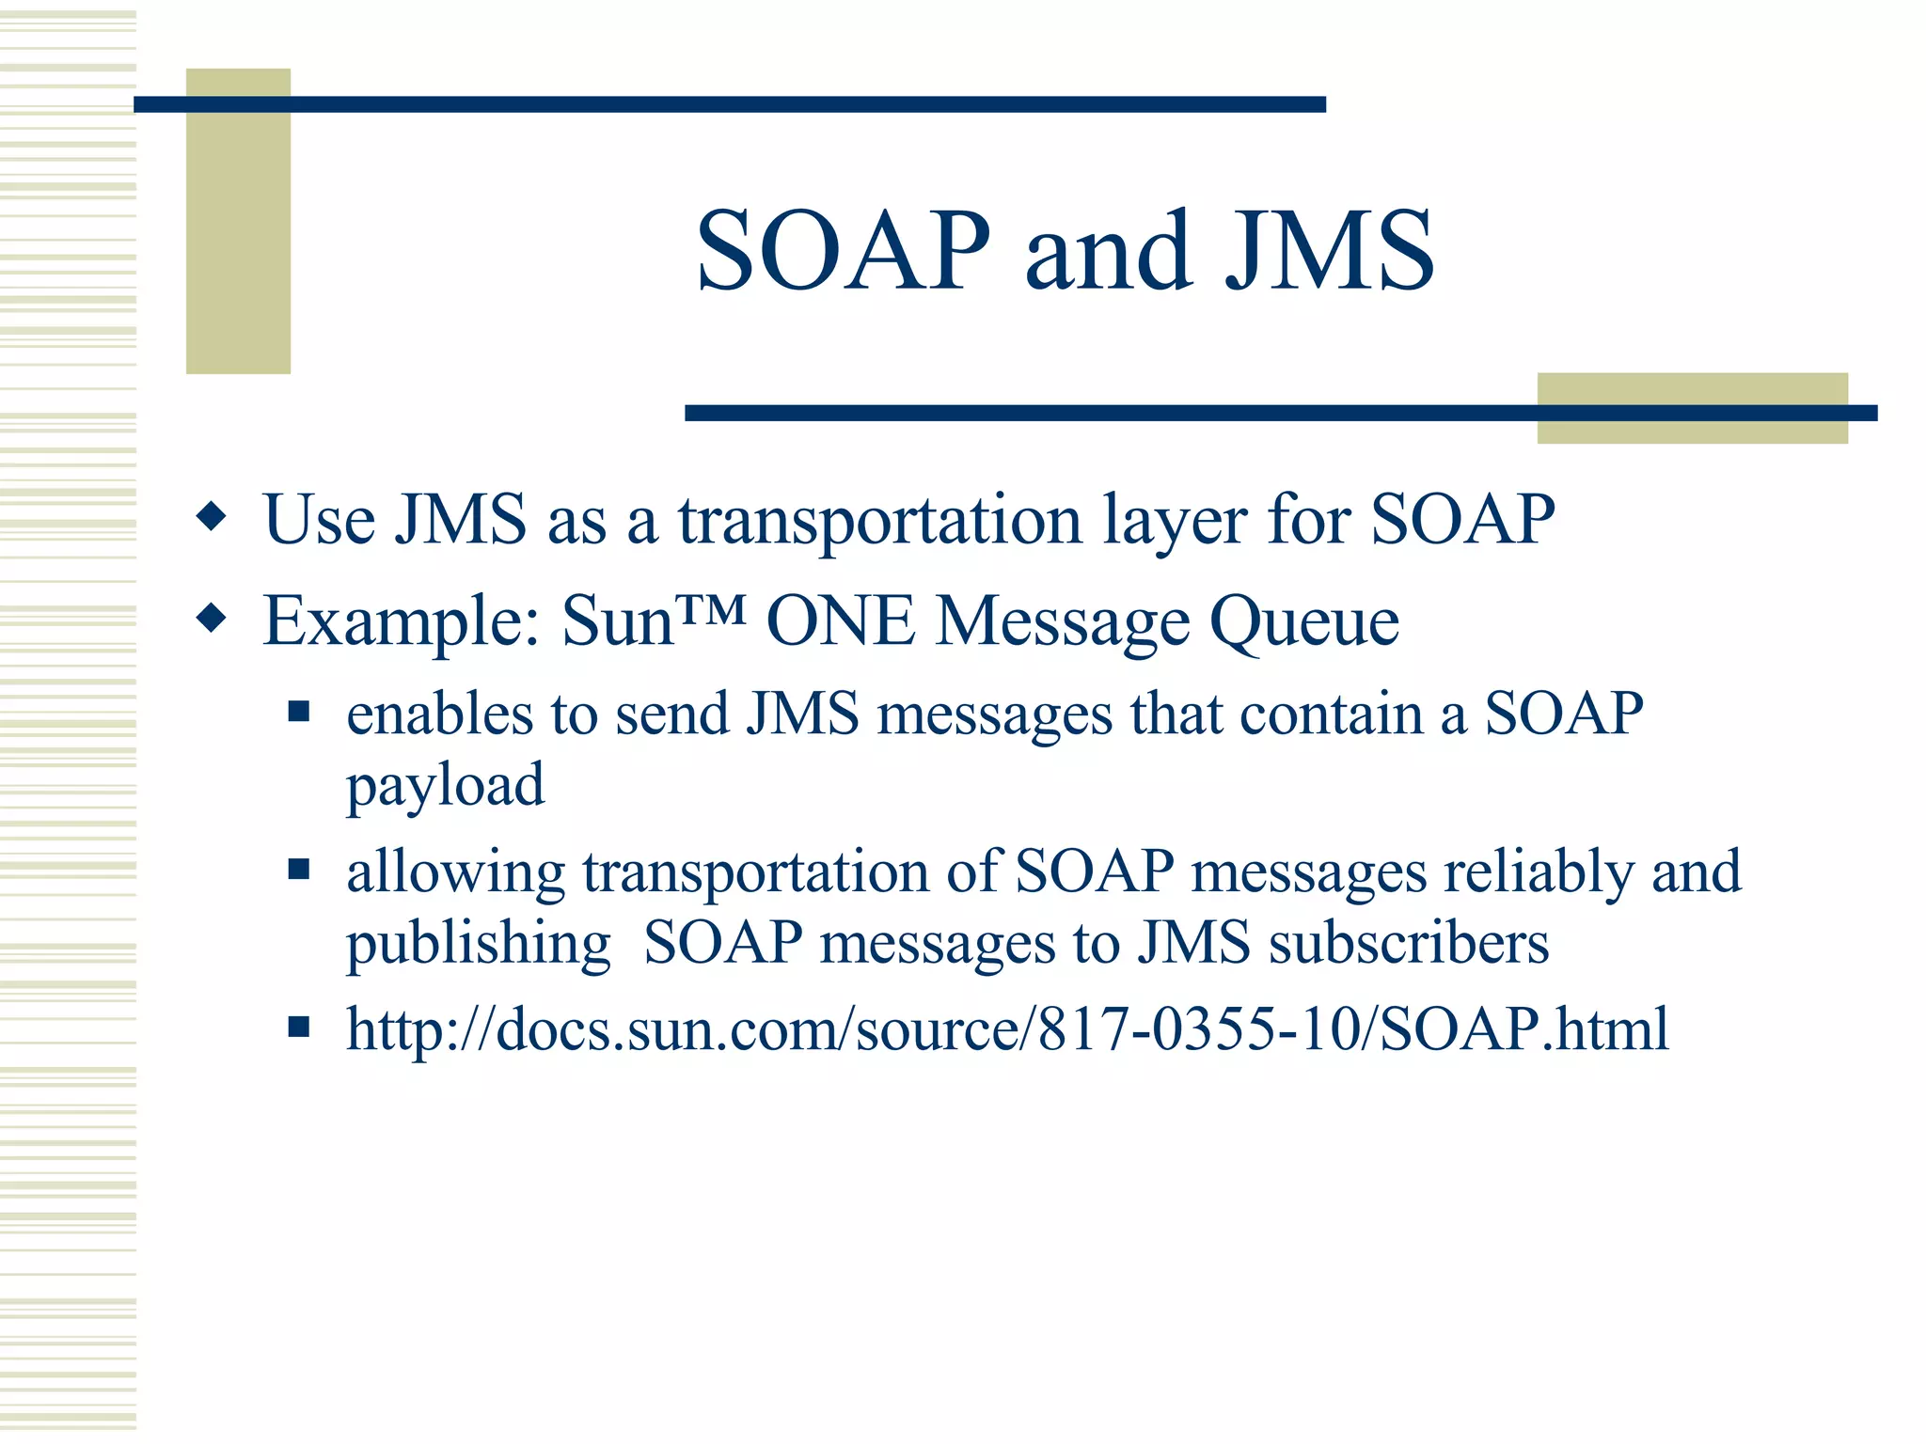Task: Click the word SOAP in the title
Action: (x=843, y=252)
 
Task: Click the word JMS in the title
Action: (x=1329, y=252)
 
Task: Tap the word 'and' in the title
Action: (x=1108, y=252)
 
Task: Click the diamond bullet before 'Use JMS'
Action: (x=213, y=517)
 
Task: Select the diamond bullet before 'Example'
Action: (x=213, y=619)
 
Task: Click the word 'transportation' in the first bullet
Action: (x=879, y=520)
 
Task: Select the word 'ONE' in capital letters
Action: (x=840, y=621)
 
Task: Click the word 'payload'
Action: (x=445, y=785)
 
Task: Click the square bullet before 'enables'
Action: (x=299, y=712)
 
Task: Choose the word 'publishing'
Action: (x=479, y=943)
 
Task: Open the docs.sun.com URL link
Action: (x=1006, y=1028)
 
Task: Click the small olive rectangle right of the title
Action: (x=1691, y=408)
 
